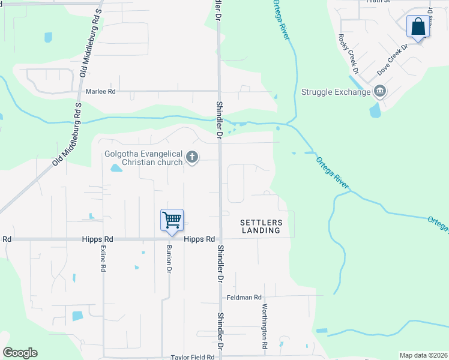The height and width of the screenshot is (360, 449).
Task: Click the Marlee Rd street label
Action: click(100, 91)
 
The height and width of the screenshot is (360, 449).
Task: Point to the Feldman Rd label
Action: click(244, 297)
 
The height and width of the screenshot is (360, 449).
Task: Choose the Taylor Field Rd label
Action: click(192, 357)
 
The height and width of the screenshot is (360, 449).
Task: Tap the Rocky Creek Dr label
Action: click(348, 54)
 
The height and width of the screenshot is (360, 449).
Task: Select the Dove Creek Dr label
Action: click(392, 59)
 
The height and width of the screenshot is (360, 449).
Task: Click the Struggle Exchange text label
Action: click(336, 92)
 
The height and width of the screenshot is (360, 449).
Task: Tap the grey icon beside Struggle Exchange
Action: click(379, 92)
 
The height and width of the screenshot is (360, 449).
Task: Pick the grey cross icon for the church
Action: click(192, 158)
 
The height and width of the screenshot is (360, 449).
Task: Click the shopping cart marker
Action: click(172, 220)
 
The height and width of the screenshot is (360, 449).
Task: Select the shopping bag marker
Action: click(418, 27)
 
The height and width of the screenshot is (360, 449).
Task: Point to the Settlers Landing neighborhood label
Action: click(261, 226)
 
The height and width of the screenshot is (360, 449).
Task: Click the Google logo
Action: click(20, 353)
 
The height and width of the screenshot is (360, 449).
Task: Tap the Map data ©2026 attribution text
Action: click(423, 355)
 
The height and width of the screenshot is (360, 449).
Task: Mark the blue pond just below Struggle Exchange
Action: click(375, 110)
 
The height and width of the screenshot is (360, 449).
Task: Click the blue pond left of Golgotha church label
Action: click(116, 168)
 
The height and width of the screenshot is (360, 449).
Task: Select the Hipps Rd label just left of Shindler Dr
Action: click(199, 239)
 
